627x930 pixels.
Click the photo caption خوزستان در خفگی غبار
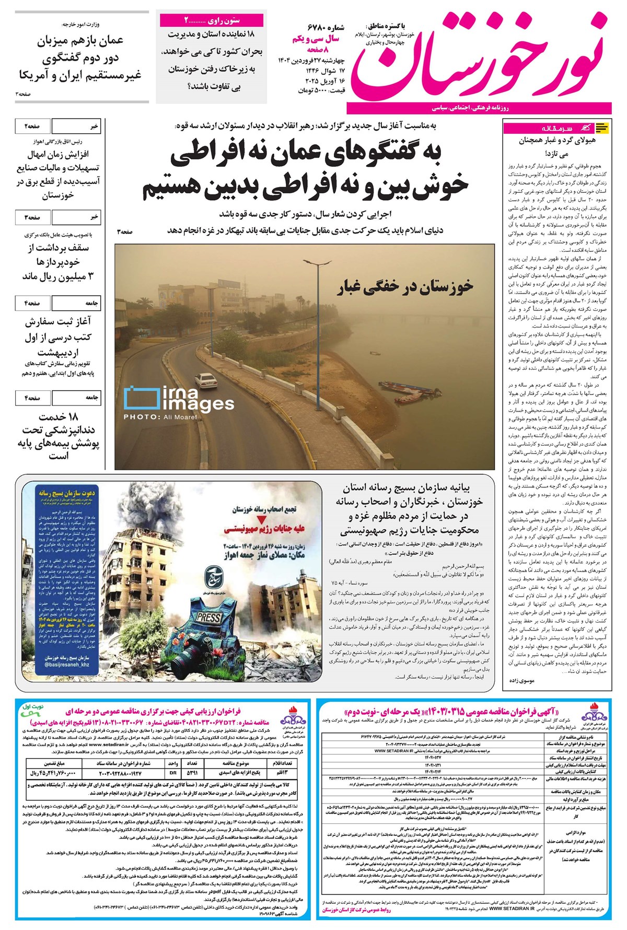tap(406, 285)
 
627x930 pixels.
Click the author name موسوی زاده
tap(521, 681)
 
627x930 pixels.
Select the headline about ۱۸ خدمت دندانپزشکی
tap(60, 437)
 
